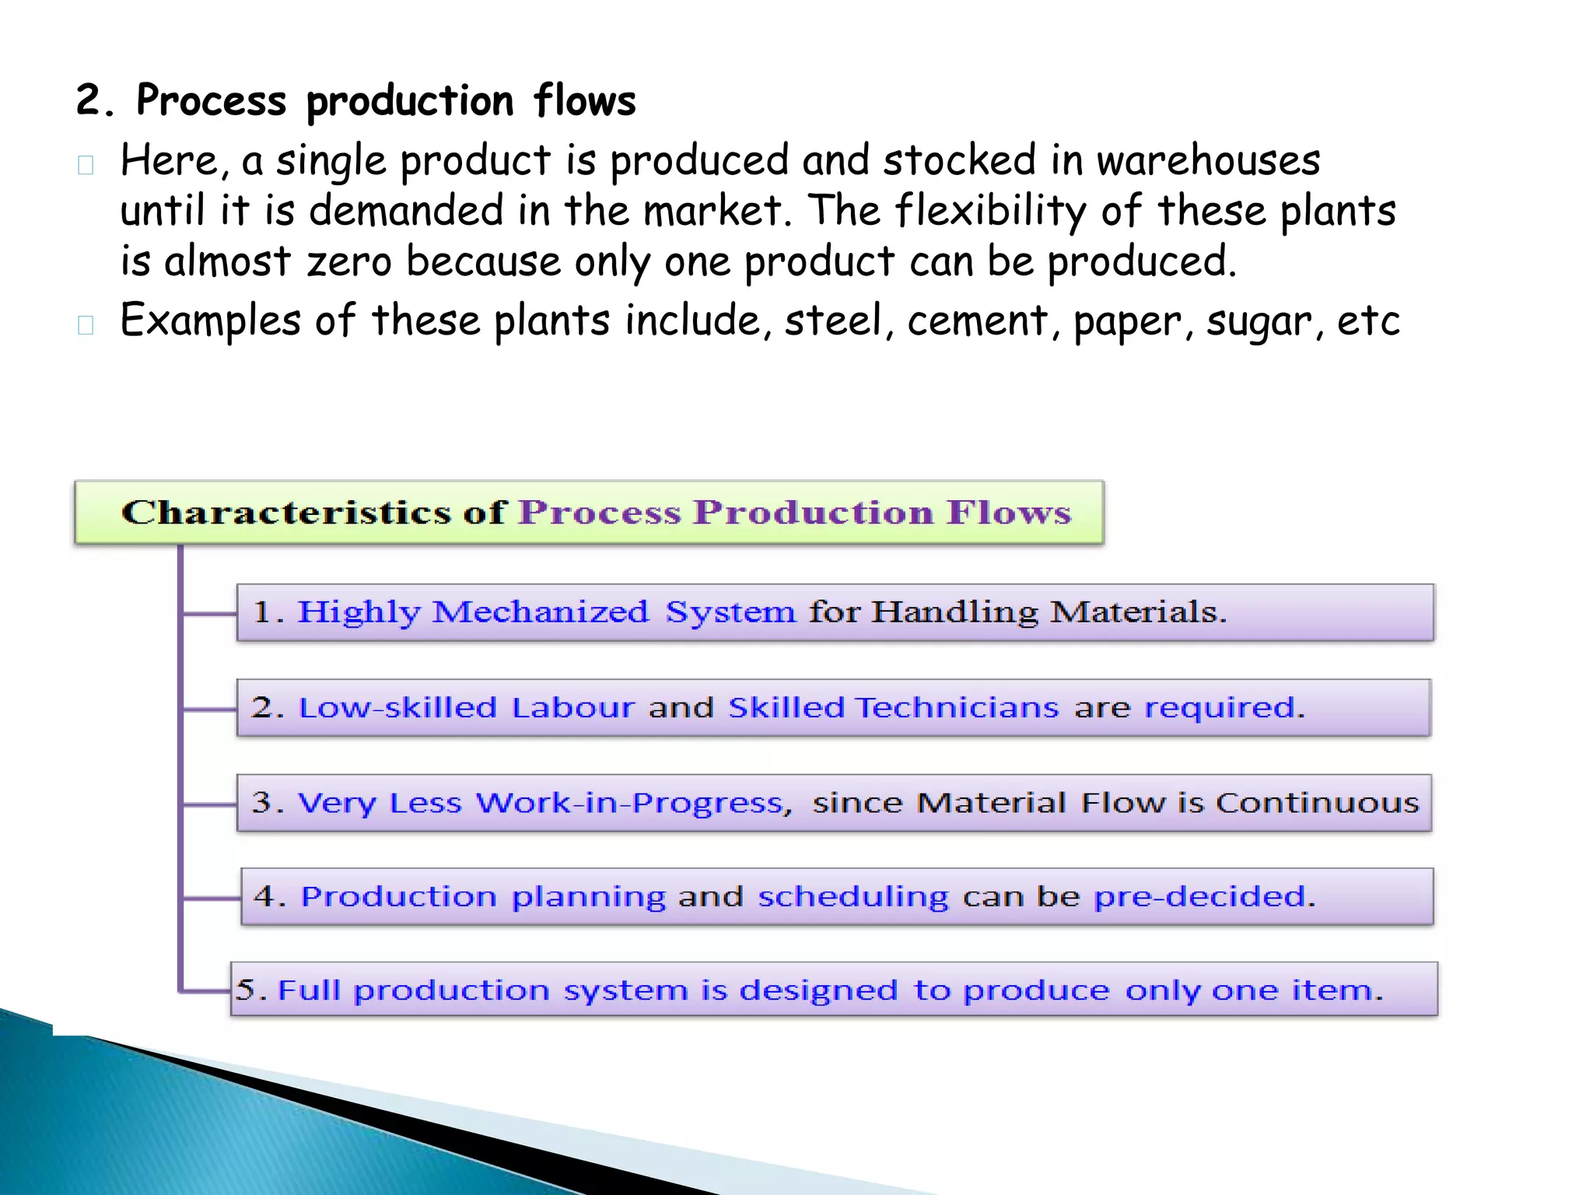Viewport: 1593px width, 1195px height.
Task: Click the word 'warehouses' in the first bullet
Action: tap(1208, 160)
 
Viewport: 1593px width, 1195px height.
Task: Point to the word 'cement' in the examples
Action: tap(978, 321)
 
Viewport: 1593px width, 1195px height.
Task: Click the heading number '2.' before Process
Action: tap(95, 101)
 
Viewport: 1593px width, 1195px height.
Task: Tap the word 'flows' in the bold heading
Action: tap(585, 101)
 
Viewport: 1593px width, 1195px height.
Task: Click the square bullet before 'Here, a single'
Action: tap(86, 165)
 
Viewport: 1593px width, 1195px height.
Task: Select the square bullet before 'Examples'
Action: tap(86, 324)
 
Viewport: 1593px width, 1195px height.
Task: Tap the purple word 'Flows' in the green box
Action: tap(1009, 513)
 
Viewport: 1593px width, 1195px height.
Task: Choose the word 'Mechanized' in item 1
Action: tap(540, 612)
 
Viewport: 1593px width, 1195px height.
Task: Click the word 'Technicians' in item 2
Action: tap(957, 708)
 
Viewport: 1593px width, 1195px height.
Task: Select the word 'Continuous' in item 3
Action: tap(1317, 803)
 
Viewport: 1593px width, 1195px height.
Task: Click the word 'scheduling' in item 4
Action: tap(853, 897)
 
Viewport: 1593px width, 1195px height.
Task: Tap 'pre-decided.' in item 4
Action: tap(1204, 897)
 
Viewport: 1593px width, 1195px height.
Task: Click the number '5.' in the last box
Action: tap(250, 990)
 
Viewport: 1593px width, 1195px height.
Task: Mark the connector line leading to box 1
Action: tap(208, 614)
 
